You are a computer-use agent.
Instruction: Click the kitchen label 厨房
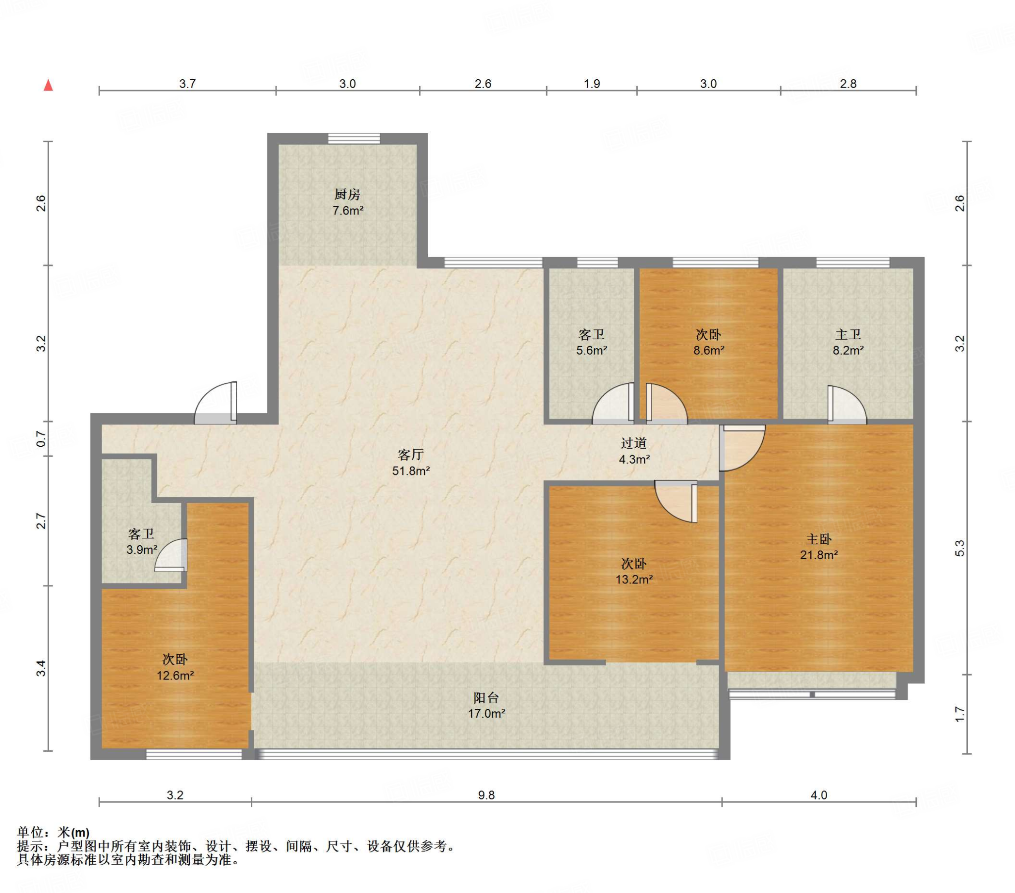pos(347,194)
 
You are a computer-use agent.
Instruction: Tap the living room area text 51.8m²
pos(411,471)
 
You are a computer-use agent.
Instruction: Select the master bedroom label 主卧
pos(818,539)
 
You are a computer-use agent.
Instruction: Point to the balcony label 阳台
pos(486,697)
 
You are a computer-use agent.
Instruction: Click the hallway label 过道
pos(633,443)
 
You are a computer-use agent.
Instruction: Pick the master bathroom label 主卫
pos(847,334)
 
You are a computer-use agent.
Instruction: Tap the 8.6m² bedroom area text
pos(709,351)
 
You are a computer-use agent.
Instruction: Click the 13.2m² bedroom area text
pos(634,579)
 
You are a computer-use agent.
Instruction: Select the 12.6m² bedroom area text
pos(175,675)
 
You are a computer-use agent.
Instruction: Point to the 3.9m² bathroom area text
pos(142,549)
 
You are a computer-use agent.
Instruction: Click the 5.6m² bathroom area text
pos(591,351)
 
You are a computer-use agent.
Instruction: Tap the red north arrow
pos(48,85)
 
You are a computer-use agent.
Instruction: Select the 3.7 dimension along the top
pos(187,83)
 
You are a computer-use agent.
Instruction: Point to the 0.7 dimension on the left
pos(41,439)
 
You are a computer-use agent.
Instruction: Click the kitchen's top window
pos(353,139)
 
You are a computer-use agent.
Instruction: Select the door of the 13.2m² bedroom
pos(677,501)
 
